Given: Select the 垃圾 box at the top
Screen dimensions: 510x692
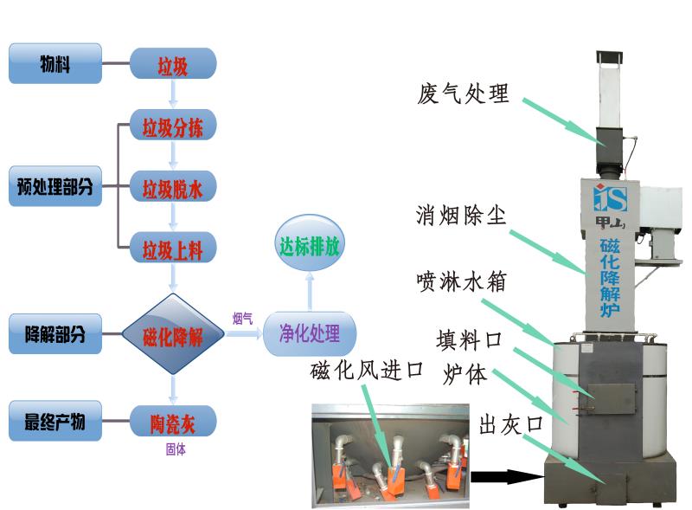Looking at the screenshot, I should pos(173,64).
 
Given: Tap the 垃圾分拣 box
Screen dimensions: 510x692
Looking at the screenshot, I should pos(173,126).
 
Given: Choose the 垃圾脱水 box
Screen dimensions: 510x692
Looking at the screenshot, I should pos(173,187).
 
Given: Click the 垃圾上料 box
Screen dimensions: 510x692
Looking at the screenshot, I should pos(173,249).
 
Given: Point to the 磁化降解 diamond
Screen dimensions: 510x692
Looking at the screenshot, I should pos(173,335).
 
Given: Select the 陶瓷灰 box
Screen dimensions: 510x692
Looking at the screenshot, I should pos(173,422).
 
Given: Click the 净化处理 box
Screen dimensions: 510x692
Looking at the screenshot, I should pos(310,333).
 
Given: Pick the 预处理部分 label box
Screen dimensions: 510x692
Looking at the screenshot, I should pos(55,186).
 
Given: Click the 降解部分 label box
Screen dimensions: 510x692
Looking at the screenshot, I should pos(55,334).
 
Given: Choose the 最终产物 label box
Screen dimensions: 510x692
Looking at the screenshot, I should pos(55,422).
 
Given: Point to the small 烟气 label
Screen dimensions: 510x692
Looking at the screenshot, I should pos(243,320).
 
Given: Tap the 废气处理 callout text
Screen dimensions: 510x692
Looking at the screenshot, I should pos(463,93).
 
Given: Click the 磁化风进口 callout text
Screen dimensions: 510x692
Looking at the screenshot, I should pos(367,370).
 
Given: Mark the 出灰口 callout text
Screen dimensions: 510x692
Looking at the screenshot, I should pos(510,423).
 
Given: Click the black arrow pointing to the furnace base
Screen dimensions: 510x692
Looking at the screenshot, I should pos(505,475).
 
